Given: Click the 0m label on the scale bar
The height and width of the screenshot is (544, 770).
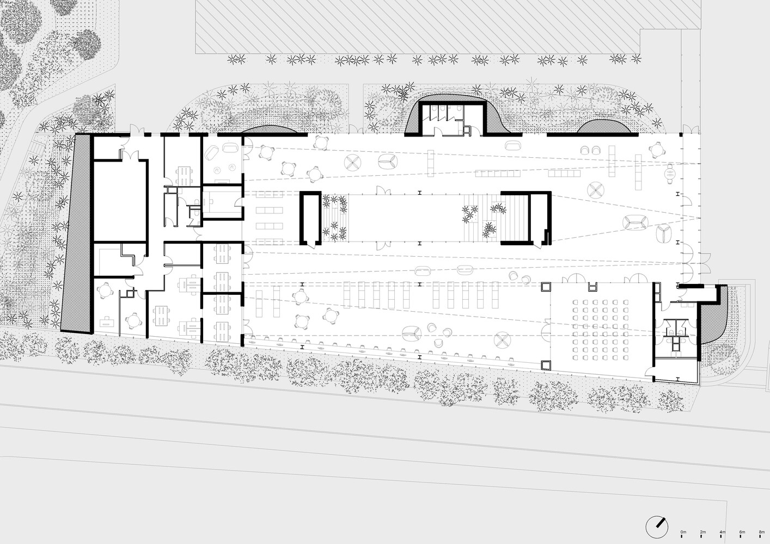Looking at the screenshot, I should (683, 531).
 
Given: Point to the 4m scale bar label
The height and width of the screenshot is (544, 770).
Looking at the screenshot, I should (723, 531).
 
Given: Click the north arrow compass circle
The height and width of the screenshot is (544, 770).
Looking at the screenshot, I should (657, 526).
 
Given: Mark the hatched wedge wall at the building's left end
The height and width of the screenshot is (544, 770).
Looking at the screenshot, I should (76, 234).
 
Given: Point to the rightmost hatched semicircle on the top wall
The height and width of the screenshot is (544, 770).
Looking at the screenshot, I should (604, 127).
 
